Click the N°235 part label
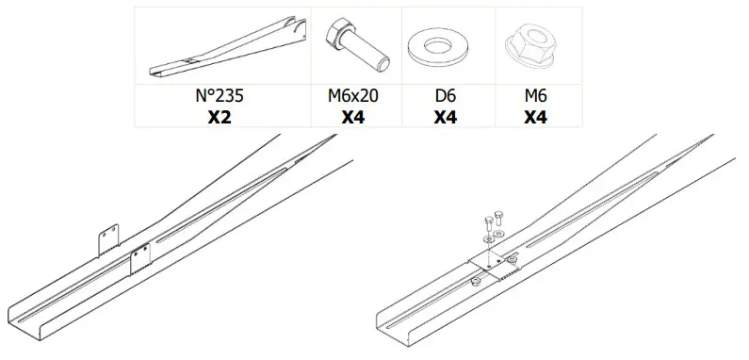tap(222, 97)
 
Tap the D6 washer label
tap(448, 97)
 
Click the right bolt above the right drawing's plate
tap(498, 219)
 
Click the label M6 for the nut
tap(535, 97)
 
